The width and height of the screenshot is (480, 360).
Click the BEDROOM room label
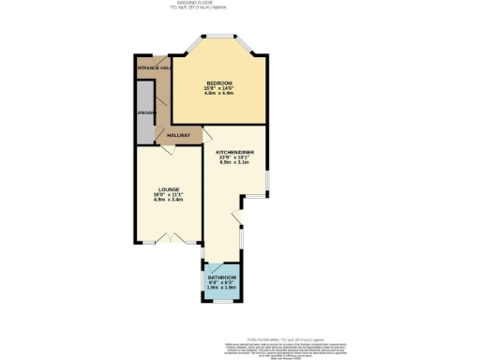[219, 83]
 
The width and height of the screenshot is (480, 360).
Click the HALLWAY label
[178, 136]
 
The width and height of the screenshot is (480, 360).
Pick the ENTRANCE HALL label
[153, 68]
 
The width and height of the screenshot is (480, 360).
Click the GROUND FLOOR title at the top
[239, 4]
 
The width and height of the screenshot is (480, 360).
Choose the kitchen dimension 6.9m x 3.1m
[234, 163]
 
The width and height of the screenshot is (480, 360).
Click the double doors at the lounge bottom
[169, 235]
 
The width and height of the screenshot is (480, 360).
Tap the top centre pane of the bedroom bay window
[221, 37]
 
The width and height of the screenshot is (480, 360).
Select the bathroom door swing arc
[214, 269]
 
